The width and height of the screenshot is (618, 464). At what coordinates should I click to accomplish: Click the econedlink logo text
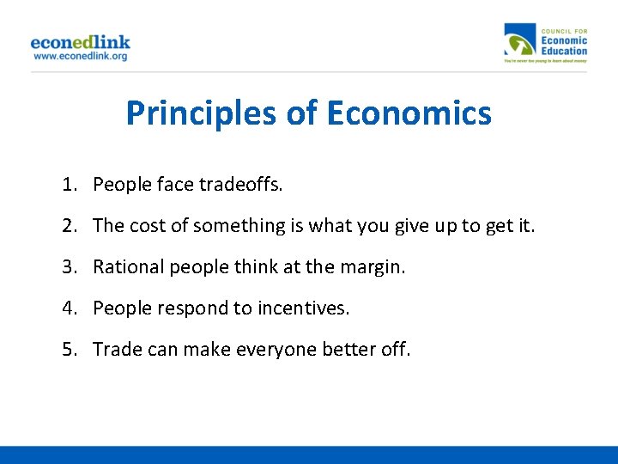click(x=80, y=41)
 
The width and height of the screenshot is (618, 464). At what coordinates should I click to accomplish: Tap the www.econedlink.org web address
click(x=80, y=56)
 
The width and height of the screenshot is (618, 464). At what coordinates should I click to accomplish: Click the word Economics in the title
click(x=409, y=113)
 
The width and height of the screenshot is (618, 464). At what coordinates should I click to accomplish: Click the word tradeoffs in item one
click(x=241, y=184)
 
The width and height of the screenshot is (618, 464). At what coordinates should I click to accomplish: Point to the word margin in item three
click(x=374, y=266)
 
